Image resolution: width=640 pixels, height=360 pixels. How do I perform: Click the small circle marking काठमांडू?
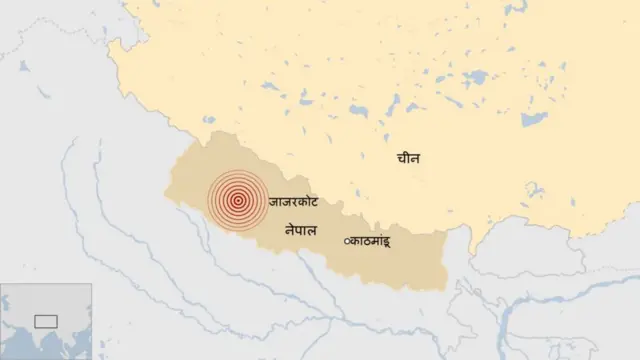click(347, 241)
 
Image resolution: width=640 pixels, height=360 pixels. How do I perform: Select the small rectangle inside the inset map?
click(46, 321)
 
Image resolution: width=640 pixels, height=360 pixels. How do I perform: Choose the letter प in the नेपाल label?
click(297, 231)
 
